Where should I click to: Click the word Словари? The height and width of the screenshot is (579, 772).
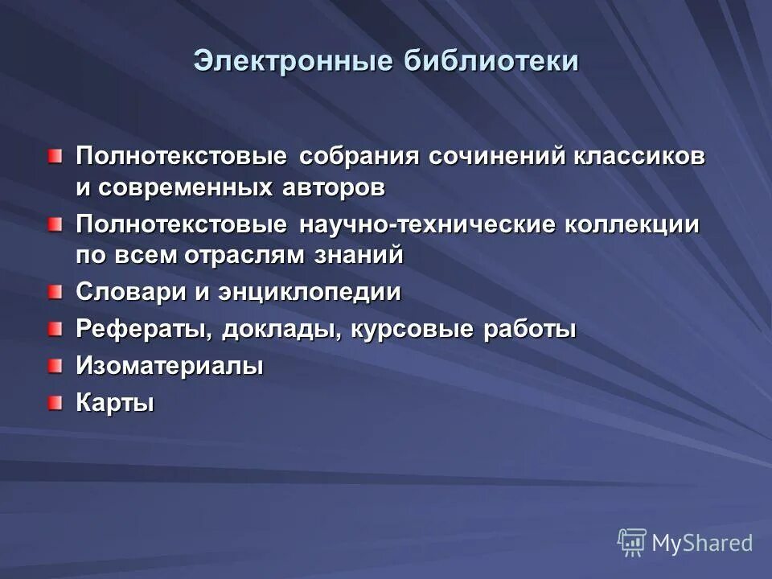131,292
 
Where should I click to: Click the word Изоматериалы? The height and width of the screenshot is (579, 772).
170,367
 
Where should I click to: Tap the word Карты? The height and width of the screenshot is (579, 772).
115,403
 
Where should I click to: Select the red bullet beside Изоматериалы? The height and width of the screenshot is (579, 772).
54,366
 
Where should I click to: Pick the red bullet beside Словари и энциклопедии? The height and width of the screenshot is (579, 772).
54,291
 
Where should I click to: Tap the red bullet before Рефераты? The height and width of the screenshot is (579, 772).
54,328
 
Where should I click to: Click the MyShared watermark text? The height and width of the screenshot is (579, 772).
702,543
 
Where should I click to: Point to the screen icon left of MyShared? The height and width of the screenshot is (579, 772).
632,542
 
